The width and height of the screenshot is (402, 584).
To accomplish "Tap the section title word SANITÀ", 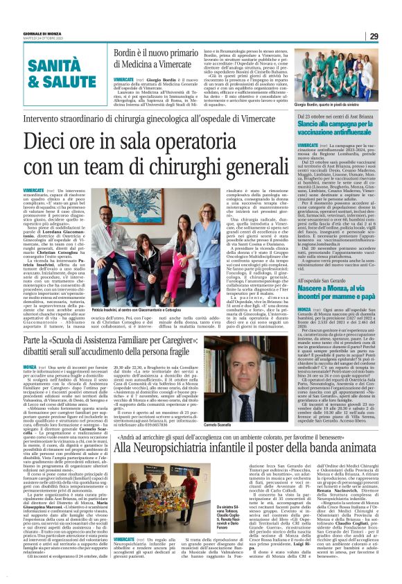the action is (42, 62).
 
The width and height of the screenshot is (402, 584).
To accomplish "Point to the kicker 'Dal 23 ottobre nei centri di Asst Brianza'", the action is (340, 115).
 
